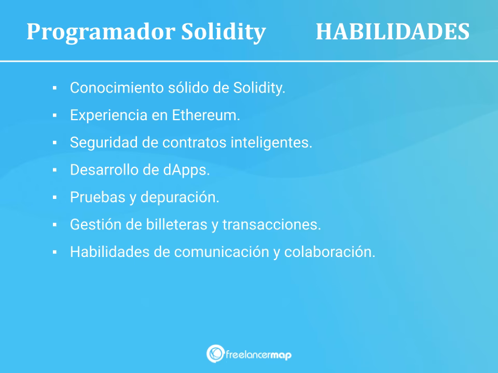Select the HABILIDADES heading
[392, 32]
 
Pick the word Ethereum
[205, 116]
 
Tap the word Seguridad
[103, 143]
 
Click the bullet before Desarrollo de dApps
[54, 170]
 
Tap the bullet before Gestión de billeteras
[54, 225]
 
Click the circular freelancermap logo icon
[214, 353]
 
